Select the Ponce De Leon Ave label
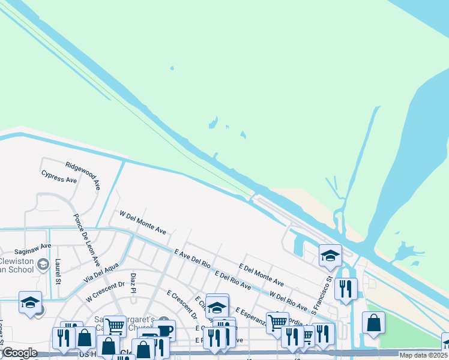click(x=87, y=241)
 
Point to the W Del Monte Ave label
click(x=143, y=222)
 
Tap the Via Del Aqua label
click(x=101, y=273)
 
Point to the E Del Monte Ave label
click(x=261, y=274)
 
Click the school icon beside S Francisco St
click(x=330, y=256)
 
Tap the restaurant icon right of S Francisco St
click(x=346, y=289)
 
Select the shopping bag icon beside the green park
click(x=373, y=323)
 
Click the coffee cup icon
click(x=164, y=331)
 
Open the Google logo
click(x=20, y=353)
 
